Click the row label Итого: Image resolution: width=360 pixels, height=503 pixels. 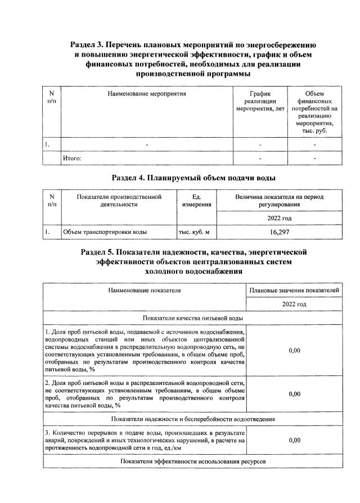tap(72, 158)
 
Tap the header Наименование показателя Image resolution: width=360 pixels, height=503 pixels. tap(145, 291)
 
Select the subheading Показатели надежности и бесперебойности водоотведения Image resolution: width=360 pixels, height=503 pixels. tap(193, 419)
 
